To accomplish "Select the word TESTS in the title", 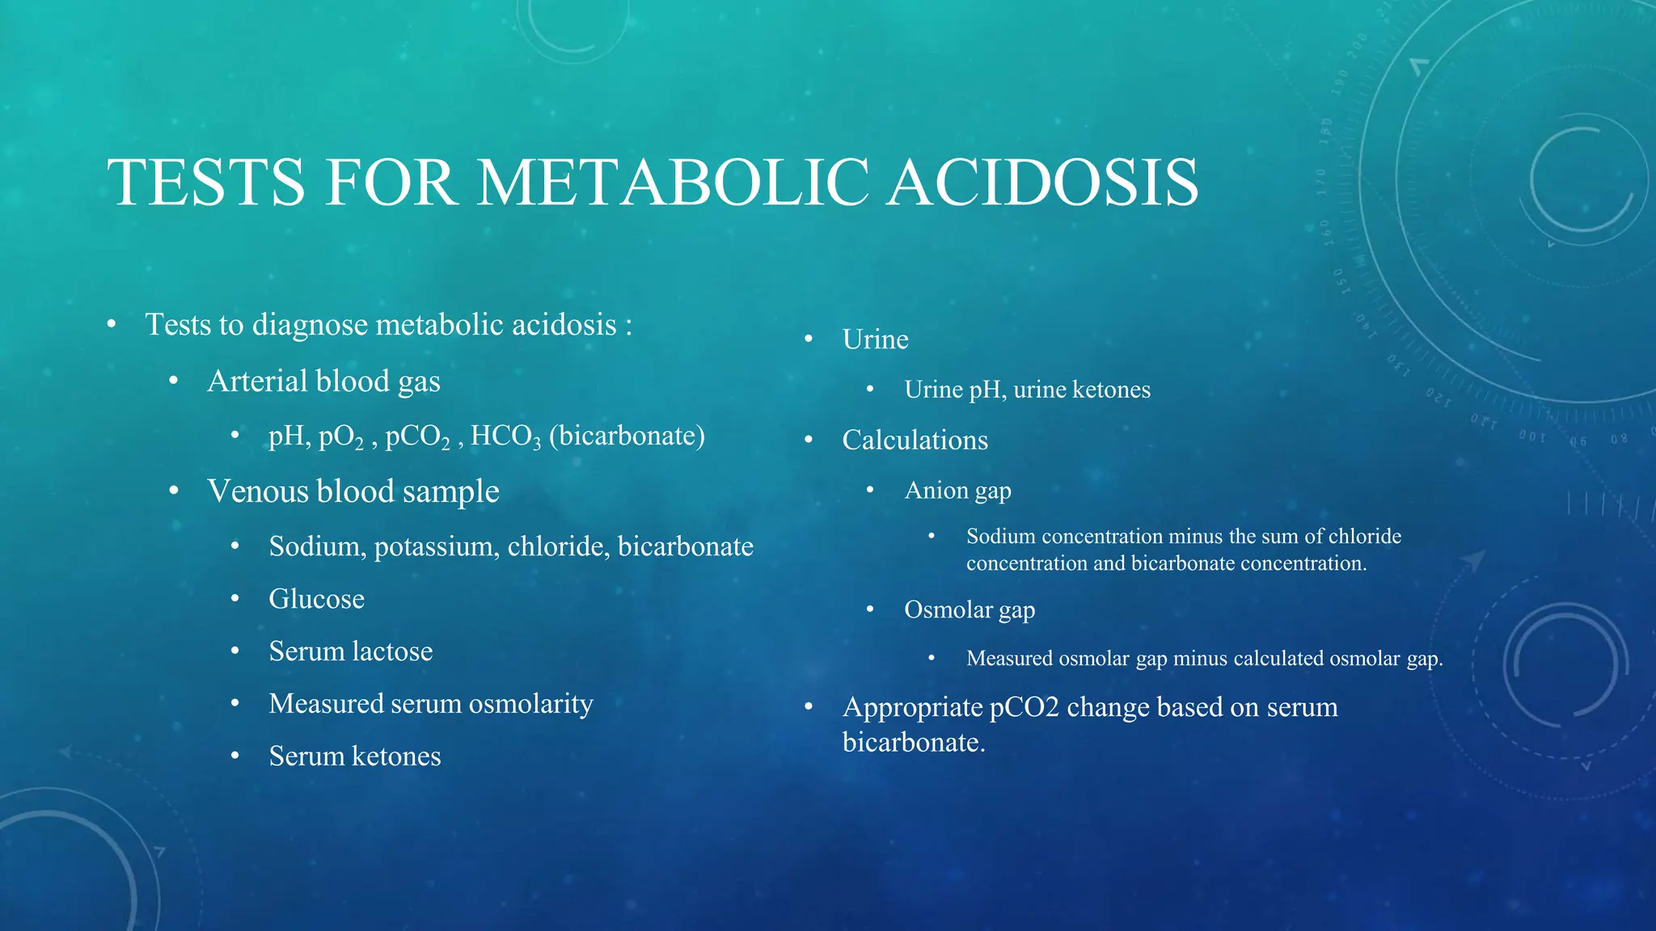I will tap(206, 183).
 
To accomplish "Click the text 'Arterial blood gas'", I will tap(323, 381).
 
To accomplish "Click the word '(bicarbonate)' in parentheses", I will tap(627, 436).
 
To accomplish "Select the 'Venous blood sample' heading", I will tap(353, 491).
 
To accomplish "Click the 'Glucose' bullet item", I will tap(316, 599).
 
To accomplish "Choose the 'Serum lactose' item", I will tap(350, 651).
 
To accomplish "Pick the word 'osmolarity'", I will tap(530, 704).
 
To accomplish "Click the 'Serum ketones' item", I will tap(354, 756).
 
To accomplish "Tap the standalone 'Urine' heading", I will tap(875, 339).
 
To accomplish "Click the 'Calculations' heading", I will tap(915, 440).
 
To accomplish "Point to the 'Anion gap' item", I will tap(957, 491).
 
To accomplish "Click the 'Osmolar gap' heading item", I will tap(969, 610).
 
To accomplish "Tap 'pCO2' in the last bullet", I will tap(1024, 707).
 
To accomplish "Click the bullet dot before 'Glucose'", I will tap(234, 599).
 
